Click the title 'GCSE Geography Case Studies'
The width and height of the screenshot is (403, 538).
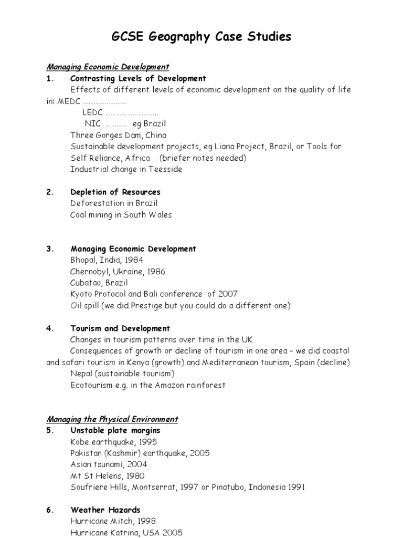click(201, 37)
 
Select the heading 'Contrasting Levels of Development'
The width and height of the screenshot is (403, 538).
click(138, 78)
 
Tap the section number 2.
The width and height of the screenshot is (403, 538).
click(50, 192)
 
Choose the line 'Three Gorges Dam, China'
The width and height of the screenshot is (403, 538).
click(118, 135)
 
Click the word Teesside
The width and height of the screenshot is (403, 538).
click(164, 169)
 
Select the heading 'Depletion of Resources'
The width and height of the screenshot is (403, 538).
click(115, 192)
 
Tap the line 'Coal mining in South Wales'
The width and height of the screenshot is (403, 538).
click(121, 214)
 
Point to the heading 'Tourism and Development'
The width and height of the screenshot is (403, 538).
click(120, 328)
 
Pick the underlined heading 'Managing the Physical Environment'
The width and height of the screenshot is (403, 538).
click(112, 419)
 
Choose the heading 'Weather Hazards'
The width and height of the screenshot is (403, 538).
click(105, 510)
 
